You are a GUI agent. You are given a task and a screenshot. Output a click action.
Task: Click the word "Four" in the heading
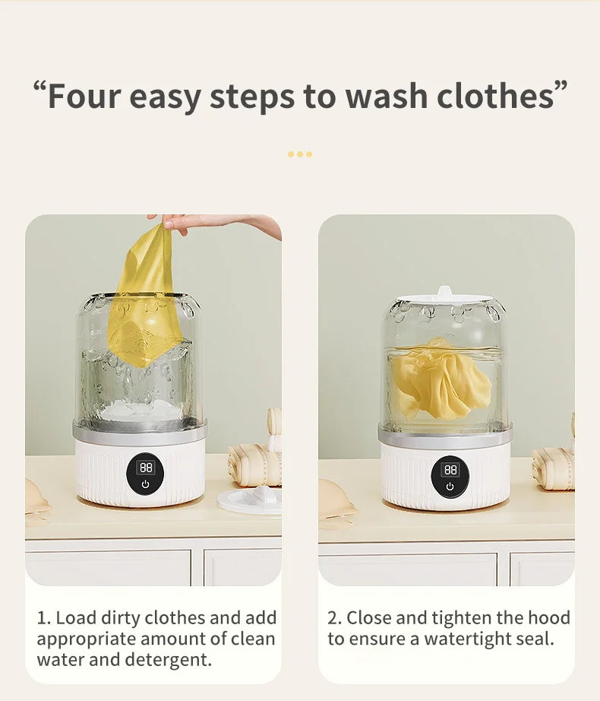point(84,96)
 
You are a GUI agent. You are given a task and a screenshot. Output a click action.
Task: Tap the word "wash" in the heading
point(387,96)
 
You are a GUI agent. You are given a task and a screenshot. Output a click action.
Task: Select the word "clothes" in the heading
point(495,96)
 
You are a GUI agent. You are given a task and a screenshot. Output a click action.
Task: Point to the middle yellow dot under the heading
point(300,154)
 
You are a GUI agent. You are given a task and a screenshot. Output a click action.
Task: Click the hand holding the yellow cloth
point(214,224)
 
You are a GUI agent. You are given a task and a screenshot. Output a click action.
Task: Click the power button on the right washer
point(450,486)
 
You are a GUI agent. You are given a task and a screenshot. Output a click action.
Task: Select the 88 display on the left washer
point(146,468)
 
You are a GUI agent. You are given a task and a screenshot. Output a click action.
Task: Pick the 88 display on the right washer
point(450,469)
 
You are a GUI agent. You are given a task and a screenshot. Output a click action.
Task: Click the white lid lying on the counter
point(250,500)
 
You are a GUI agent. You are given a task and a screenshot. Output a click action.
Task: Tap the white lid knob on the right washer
point(444,291)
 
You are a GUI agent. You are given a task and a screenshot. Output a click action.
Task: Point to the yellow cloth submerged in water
point(442,380)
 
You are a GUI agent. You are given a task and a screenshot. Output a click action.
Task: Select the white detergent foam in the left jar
point(141,409)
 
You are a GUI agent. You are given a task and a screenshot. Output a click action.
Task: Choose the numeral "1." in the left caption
point(44,618)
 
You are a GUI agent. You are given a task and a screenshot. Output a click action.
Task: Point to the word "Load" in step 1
point(76,618)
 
